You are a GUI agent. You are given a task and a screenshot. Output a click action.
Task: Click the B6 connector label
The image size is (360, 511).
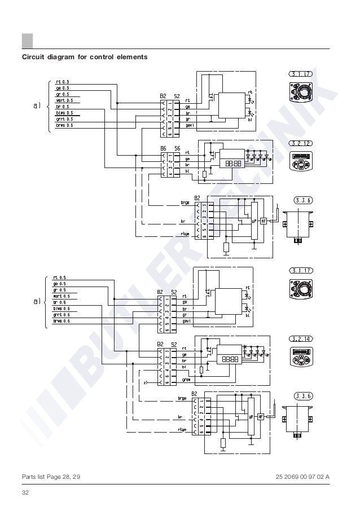click(163, 149)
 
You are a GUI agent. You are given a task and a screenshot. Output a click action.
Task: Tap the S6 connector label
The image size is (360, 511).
click(177, 149)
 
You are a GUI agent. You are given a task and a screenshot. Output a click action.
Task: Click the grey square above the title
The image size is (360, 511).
click(27, 41)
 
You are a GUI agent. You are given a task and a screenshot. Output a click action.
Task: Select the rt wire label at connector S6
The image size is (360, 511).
click(188, 153)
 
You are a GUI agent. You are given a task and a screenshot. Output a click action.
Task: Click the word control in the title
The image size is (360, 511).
click(98, 57)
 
